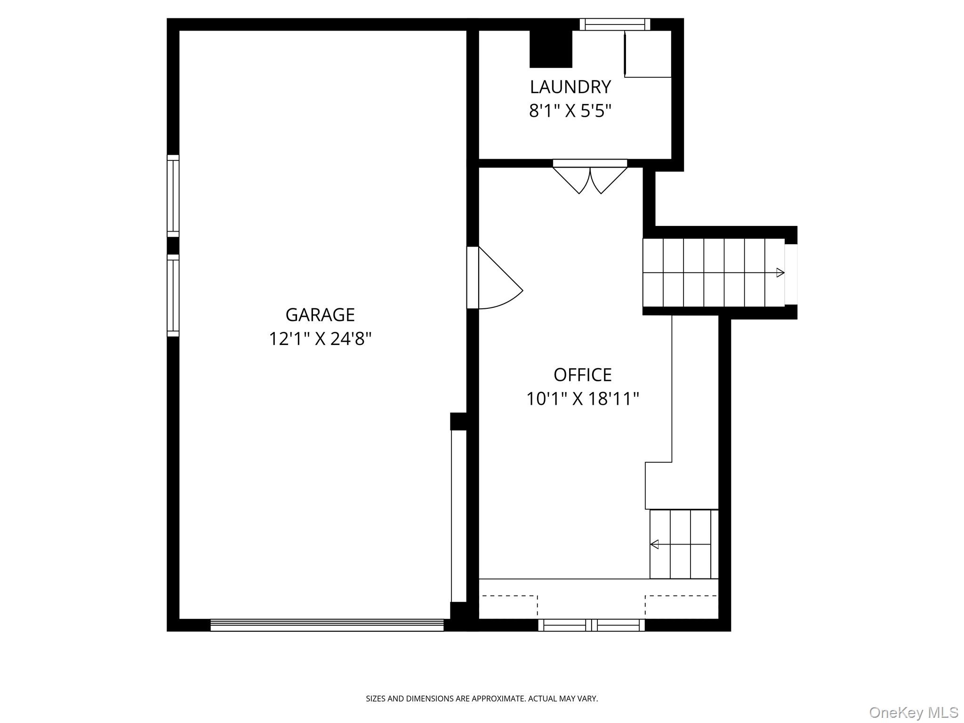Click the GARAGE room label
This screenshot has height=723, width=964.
(320, 315)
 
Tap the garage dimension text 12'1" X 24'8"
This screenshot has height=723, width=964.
(320, 339)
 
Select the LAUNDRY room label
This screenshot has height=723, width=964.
(570, 87)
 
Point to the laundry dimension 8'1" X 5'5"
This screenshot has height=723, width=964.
(570, 111)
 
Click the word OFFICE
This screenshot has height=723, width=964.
(583, 375)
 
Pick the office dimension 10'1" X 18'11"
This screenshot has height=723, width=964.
(583, 399)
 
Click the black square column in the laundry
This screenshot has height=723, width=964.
(551, 49)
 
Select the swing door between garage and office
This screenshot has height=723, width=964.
(494, 278)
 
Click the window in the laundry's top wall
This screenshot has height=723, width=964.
(615, 24)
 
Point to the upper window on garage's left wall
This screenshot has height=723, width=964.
(173, 196)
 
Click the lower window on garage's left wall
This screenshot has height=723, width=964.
(173, 296)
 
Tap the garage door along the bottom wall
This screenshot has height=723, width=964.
(327, 625)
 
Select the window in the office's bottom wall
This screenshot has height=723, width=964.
(592, 625)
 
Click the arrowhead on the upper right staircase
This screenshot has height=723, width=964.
(780, 273)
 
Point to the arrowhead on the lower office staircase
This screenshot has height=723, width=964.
(654, 545)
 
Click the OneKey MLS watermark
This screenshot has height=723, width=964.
(914, 712)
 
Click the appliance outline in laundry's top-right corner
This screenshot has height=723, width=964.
(648, 54)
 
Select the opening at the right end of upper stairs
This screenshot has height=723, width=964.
(791, 274)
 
